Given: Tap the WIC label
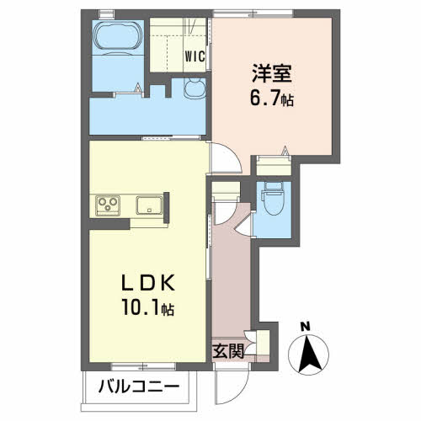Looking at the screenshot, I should (x=195, y=57).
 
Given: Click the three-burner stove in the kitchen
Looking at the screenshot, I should (x=108, y=205).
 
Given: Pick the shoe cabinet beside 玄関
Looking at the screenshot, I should (x=260, y=346).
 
